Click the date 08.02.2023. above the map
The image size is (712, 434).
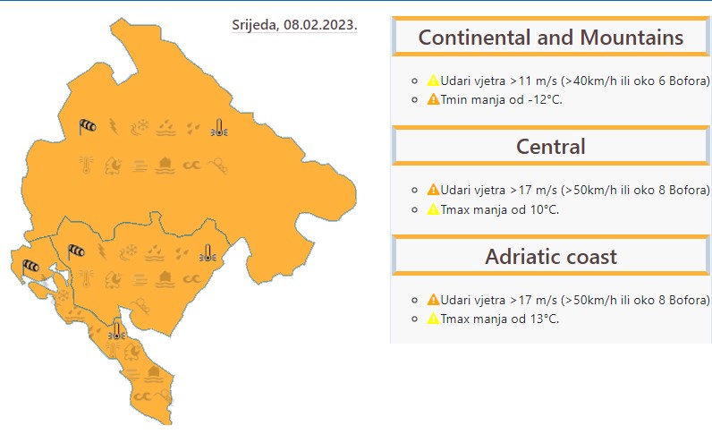click(320, 24)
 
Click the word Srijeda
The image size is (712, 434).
click(255, 25)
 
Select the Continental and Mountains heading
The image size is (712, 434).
click(550, 38)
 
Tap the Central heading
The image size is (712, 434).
click(550, 147)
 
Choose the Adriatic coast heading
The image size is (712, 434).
click(550, 256)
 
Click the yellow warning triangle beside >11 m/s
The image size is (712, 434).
click(433, 81)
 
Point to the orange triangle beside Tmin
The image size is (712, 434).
click(433, 99)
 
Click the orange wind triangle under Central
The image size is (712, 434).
click(433, 190)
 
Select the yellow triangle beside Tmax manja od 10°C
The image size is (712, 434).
click(433, 209)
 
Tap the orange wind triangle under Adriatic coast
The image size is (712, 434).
click(433, 300)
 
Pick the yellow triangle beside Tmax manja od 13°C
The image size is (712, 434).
click(433, 318)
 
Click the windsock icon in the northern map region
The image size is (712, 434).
click(87, 127)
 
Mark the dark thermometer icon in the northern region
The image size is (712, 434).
click(219, 128)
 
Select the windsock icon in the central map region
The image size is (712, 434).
click(76, 251)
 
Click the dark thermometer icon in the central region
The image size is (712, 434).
click(208, 253)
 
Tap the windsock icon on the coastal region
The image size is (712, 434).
click(30, 267)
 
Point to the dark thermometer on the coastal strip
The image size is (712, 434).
click(116, 331)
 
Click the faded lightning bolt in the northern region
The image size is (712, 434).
click(114, 127)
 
